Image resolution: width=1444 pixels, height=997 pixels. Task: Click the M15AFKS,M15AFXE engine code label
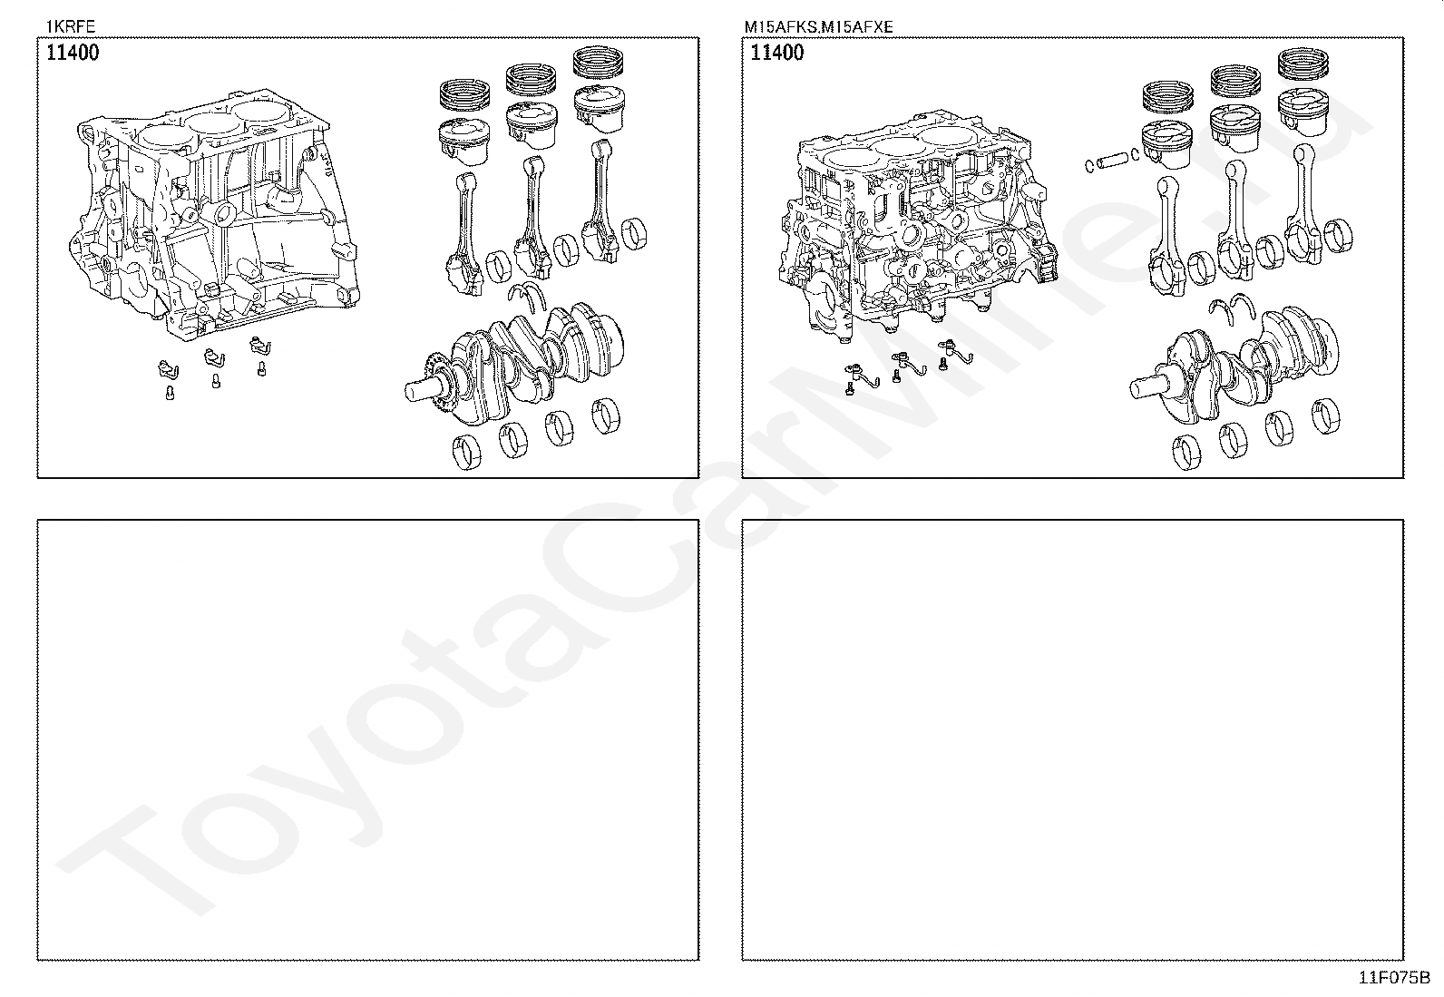[818, 26]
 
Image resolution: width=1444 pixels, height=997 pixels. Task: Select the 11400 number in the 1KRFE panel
[73, 53]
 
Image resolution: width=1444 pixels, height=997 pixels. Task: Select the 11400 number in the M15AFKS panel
[777, 53]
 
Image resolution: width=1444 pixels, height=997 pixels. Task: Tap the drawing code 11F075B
[1393, 978]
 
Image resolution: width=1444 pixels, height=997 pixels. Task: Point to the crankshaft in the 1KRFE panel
[526, 363]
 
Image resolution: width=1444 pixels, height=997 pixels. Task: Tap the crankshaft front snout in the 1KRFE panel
[419, 391]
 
